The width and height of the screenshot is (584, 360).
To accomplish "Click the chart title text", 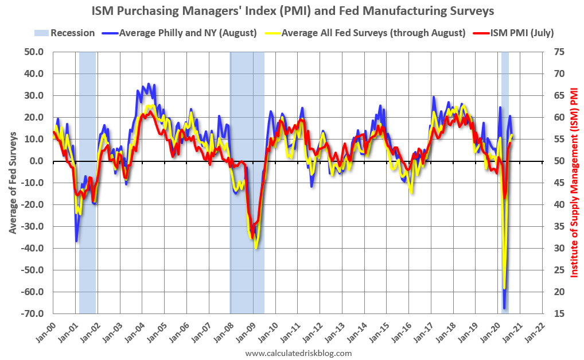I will [x=292, y=11].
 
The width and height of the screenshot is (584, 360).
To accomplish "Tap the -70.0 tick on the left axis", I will [x=33, y=314].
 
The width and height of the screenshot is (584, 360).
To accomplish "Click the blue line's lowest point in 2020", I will [x=504, y=309].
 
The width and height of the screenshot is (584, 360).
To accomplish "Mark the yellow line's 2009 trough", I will [x=256, y=247].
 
